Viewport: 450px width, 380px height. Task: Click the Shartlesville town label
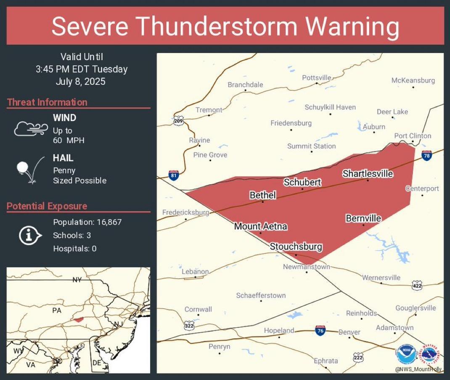pyautogui.click(x=368, y=173)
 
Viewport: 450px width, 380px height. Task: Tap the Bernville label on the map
pyautogui.click(x=363, y=218)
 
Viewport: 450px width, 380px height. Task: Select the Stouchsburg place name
pyautogui.click(x=296, y=247)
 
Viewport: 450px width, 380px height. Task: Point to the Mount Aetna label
pyautogui.click(x=260, y=226)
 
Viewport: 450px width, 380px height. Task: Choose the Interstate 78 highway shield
pyautogui.click(x=426, y=155)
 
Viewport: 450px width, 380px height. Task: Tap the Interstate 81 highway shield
pyautogui.click(x=173, y=175)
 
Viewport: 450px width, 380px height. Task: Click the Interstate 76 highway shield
pyautogui.click(x=320, y=330)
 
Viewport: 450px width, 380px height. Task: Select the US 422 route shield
pyautogui.click(x=416, y=285)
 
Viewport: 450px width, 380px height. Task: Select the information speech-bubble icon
pyautogui.click(x=30, y=235)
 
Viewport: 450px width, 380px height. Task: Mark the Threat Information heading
pyautogui.click(x=47, y=102)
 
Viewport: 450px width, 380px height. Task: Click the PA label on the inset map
pyautogui.click(x=56, y=311)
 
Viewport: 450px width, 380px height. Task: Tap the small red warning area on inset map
pyautogui.click(x=77, y=319)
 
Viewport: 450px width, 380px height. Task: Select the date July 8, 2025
pyautogui.click(x=81, y=81)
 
